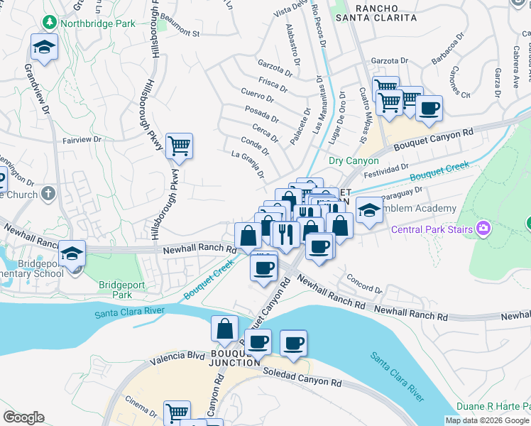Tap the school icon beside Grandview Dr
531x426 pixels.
pyautogui.click(x=44, y=48)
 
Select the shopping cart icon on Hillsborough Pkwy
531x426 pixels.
pyautogui.click(x=179, y=146)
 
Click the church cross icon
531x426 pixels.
pyautogui.click(x=48, y=193)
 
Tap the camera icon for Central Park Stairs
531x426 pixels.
pyautogui.click(x=483, y=228)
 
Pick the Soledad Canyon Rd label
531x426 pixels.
pyautogui.click(x=302, y=377)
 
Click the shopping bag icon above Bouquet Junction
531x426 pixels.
pyautogui.click(x=224, y=329)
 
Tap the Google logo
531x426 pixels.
pyautogui.click(x=23, y=417)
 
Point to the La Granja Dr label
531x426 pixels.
pyautogui.click(x=248, y=164)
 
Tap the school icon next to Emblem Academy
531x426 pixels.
pyautogui.click(x=368, y=209)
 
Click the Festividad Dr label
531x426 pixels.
pyautogui.click(x=383, y=170)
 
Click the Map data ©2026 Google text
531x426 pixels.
pyautogui.click(x=486, y=420)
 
